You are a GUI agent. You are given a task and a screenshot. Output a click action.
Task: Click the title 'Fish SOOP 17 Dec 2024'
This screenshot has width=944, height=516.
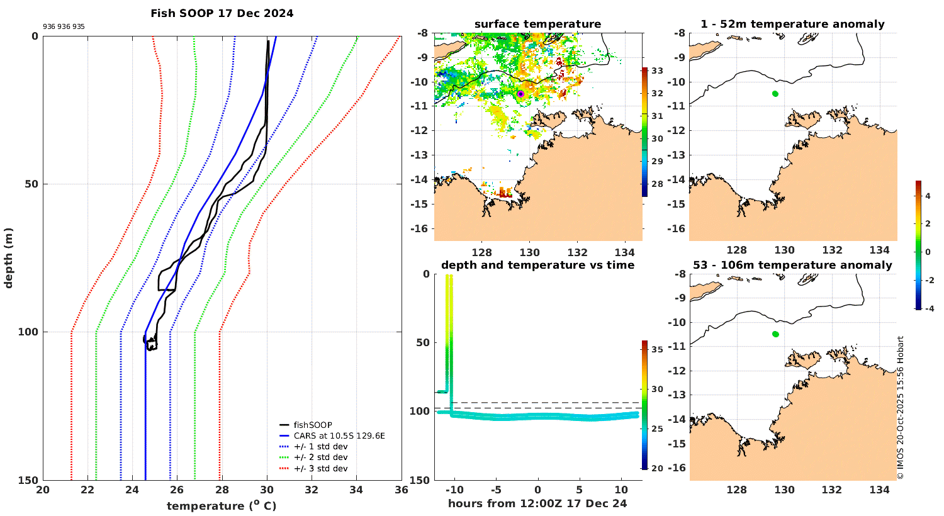(x=222, y=13)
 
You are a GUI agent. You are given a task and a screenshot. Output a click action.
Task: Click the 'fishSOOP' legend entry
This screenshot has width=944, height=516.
(x=313, y=425)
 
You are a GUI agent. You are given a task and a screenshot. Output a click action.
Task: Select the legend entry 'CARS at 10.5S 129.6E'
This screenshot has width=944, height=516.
(x=339, y=435)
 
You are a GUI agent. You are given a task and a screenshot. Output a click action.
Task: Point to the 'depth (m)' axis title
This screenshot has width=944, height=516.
(x=9, y=258)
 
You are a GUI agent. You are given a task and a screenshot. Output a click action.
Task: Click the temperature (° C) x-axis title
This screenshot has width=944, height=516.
(x=222, y=506)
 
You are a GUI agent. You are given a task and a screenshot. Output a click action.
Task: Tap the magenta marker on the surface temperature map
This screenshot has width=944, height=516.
(x=520, y=94)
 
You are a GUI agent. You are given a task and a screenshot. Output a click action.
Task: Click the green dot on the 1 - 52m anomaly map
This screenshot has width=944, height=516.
(x=775, y=94)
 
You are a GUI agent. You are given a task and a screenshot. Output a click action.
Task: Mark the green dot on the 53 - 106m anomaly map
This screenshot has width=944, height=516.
(x=775, y=334)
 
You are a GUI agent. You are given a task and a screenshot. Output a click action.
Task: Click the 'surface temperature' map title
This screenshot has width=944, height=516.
(x=537, y=25)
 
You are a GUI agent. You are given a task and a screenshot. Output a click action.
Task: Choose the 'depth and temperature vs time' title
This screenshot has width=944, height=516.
(x=537, y=265)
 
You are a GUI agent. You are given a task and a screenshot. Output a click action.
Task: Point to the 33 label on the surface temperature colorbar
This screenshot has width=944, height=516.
(x=657, y=70)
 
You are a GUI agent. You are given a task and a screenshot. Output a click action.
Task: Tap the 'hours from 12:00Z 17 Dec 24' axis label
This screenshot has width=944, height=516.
(x=537, y=503)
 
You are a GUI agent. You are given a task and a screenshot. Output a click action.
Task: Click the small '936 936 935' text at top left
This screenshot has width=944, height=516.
(x=64, y=27)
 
